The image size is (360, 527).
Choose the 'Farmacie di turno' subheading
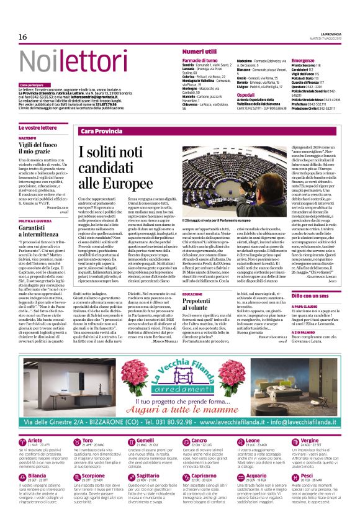(200, 60)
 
